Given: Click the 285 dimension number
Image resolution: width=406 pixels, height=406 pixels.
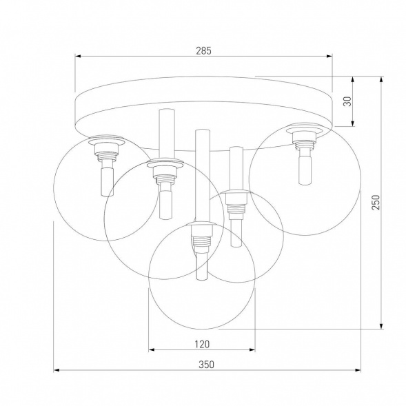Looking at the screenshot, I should pyautogui.click(x=203, y=50).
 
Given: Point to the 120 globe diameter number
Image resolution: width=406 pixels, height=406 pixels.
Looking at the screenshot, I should pyautogui.click(x=202, y=343).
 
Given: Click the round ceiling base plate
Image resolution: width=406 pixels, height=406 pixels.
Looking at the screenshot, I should pyautogui.click(x=203, y=108).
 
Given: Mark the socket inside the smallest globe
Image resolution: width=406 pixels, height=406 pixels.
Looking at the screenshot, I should pyautogui.click(x=236, y=203).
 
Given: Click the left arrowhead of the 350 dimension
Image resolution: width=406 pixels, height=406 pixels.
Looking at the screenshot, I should pyautogui.click(x=57, y=371).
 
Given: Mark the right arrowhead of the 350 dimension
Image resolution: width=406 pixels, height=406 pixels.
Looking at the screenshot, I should pyautogui.click(x=351, y=371).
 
